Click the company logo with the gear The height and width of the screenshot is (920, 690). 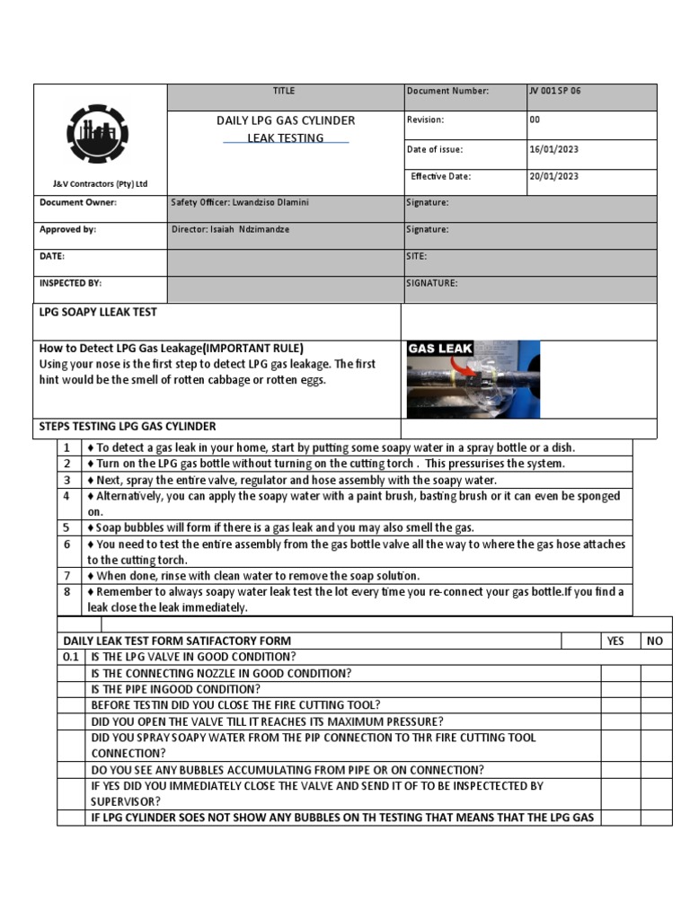click(97, 134)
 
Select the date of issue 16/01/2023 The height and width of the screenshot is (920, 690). click(554, 150)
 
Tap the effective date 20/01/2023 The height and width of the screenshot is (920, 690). click(554, 177)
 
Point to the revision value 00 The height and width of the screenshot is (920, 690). click(535, 119)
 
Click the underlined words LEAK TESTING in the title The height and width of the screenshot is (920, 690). click(286, 138)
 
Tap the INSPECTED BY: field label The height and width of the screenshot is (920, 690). click(70, 283)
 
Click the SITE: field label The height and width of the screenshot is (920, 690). click(417, 257)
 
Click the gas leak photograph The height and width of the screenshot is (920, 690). click(473, 378)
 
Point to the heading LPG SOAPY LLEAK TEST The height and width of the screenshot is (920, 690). click(98, 313)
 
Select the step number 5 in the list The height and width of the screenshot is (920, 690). click(66, 527)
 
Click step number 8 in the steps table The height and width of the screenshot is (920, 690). click(66, 592)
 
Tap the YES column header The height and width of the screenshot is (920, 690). click(615, 641)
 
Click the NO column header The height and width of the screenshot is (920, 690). click(655, 641)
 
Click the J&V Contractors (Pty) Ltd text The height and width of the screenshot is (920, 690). click(100, 184)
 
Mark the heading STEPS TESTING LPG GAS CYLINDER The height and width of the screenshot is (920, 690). click(128, 427)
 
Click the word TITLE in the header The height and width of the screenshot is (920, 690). click(284, 92)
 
